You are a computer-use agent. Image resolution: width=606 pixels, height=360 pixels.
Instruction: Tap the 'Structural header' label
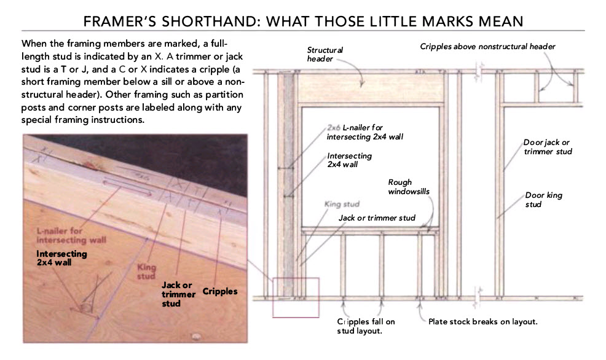[x=325, y=54]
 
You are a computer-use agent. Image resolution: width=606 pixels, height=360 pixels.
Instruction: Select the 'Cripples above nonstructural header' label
[x=488, y=46]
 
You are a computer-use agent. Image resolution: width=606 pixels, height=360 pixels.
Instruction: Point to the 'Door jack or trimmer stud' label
[x=547, y=147]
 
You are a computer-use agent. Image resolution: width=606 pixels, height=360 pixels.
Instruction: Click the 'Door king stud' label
[x=543, y=200]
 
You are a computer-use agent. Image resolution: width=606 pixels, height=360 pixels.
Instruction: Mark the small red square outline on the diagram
[x=296, y=297]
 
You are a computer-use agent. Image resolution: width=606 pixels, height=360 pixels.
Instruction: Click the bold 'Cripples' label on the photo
[x=219, y=291]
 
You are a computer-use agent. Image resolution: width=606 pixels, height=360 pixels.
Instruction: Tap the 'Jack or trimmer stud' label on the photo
[x=178, y=294]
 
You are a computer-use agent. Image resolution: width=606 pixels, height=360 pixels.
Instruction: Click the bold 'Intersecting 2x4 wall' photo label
[x=61, y=258]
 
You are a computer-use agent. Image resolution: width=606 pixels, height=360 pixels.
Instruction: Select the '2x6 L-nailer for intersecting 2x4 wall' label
[x=364, y=131]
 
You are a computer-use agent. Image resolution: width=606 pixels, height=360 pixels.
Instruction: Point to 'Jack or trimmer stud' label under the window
[x=377, y=218]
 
